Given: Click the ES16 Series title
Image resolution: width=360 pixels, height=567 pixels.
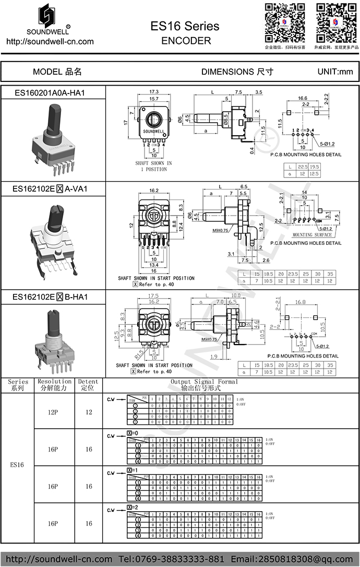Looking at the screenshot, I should [185, 26].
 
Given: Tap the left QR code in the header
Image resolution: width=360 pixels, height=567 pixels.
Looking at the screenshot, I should [284, 22].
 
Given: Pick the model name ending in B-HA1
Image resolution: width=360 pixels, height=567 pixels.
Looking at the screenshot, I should [50, 297].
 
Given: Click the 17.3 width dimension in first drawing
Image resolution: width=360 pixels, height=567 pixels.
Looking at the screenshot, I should [154, 91].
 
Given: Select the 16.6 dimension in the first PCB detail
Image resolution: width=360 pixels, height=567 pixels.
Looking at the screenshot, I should [303, 98].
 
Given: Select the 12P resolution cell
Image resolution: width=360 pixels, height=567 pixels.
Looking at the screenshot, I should [53, 412].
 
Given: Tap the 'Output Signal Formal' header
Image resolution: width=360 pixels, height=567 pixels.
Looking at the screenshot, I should [204, 382].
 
